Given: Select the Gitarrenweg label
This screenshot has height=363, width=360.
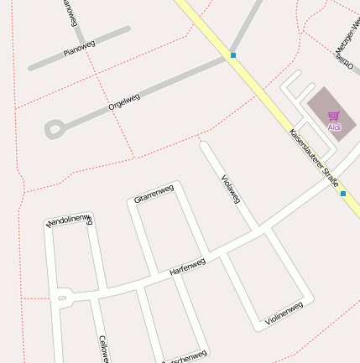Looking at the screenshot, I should pos(154,193).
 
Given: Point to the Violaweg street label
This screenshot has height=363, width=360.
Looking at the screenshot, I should pos(230,188).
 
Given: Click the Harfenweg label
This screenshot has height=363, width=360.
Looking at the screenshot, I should pos(187,267).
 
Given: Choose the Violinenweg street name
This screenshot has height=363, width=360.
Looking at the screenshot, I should pos(283,313).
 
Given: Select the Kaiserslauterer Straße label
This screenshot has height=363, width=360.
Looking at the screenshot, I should pos(313,157).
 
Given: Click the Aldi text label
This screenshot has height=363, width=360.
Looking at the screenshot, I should pos(334,127).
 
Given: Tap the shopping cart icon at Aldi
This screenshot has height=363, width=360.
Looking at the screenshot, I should pos(333,117).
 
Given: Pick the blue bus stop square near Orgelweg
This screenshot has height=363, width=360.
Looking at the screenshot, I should pos(232,55).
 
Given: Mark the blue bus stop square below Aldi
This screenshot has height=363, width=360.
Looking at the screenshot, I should pos(343,194).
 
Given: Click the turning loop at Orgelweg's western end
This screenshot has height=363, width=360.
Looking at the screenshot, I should pos(55,129).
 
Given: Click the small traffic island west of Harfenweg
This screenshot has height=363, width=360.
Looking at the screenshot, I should pos(61,297).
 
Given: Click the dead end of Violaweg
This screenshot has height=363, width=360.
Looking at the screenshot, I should pos(203,145).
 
